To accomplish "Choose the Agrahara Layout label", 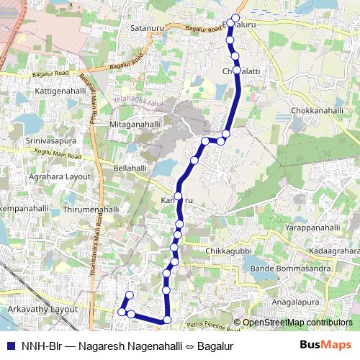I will point(60,176).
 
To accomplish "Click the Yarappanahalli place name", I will point(312,228).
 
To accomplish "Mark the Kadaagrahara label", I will point(333,251).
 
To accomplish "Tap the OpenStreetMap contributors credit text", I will point(297,323).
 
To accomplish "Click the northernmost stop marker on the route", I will point(235,18).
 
